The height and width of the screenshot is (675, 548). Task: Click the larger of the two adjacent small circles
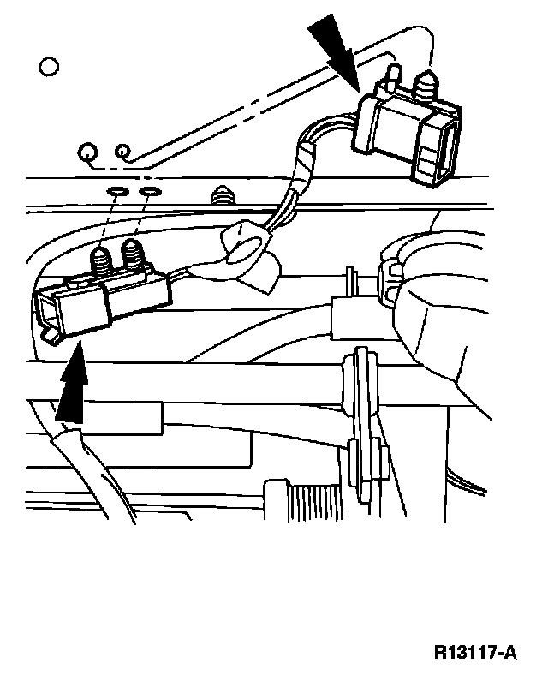(88, 154)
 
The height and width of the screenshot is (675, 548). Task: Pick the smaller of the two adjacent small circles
(122, 152)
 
